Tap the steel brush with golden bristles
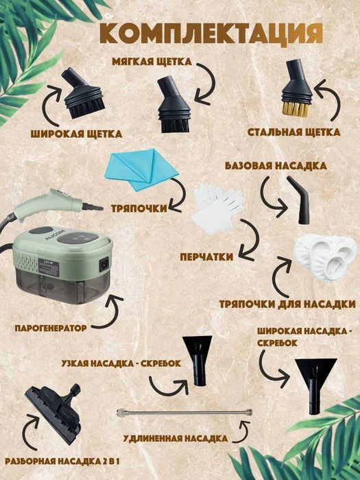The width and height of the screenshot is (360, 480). pyautogui.click(x=297, y=88)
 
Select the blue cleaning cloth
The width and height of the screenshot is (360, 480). pyautogui.click(x=141, y=169)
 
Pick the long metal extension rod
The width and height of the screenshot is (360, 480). pyautogui.click(x=184, y=412)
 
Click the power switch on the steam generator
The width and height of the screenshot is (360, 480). pyautogui.click(x=105, y=263)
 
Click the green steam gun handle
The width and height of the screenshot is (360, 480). pyautogui.click(x=52, y=204)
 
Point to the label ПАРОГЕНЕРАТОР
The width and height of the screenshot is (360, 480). pyautogui.click(x=51, y=328)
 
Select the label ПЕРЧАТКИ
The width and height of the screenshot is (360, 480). pyautogui.click(x=206, y=256)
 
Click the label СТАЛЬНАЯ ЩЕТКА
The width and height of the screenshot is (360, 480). pyautogui.click(x=293, y=132)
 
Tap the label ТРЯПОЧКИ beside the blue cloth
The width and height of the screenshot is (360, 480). pyautogui.click(x=139, y=208)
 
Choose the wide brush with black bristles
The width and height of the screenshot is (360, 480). pyautogui.click(x=83, y=94)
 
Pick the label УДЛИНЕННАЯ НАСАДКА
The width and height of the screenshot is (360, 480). pyautogui.click(x=176, y=438)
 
